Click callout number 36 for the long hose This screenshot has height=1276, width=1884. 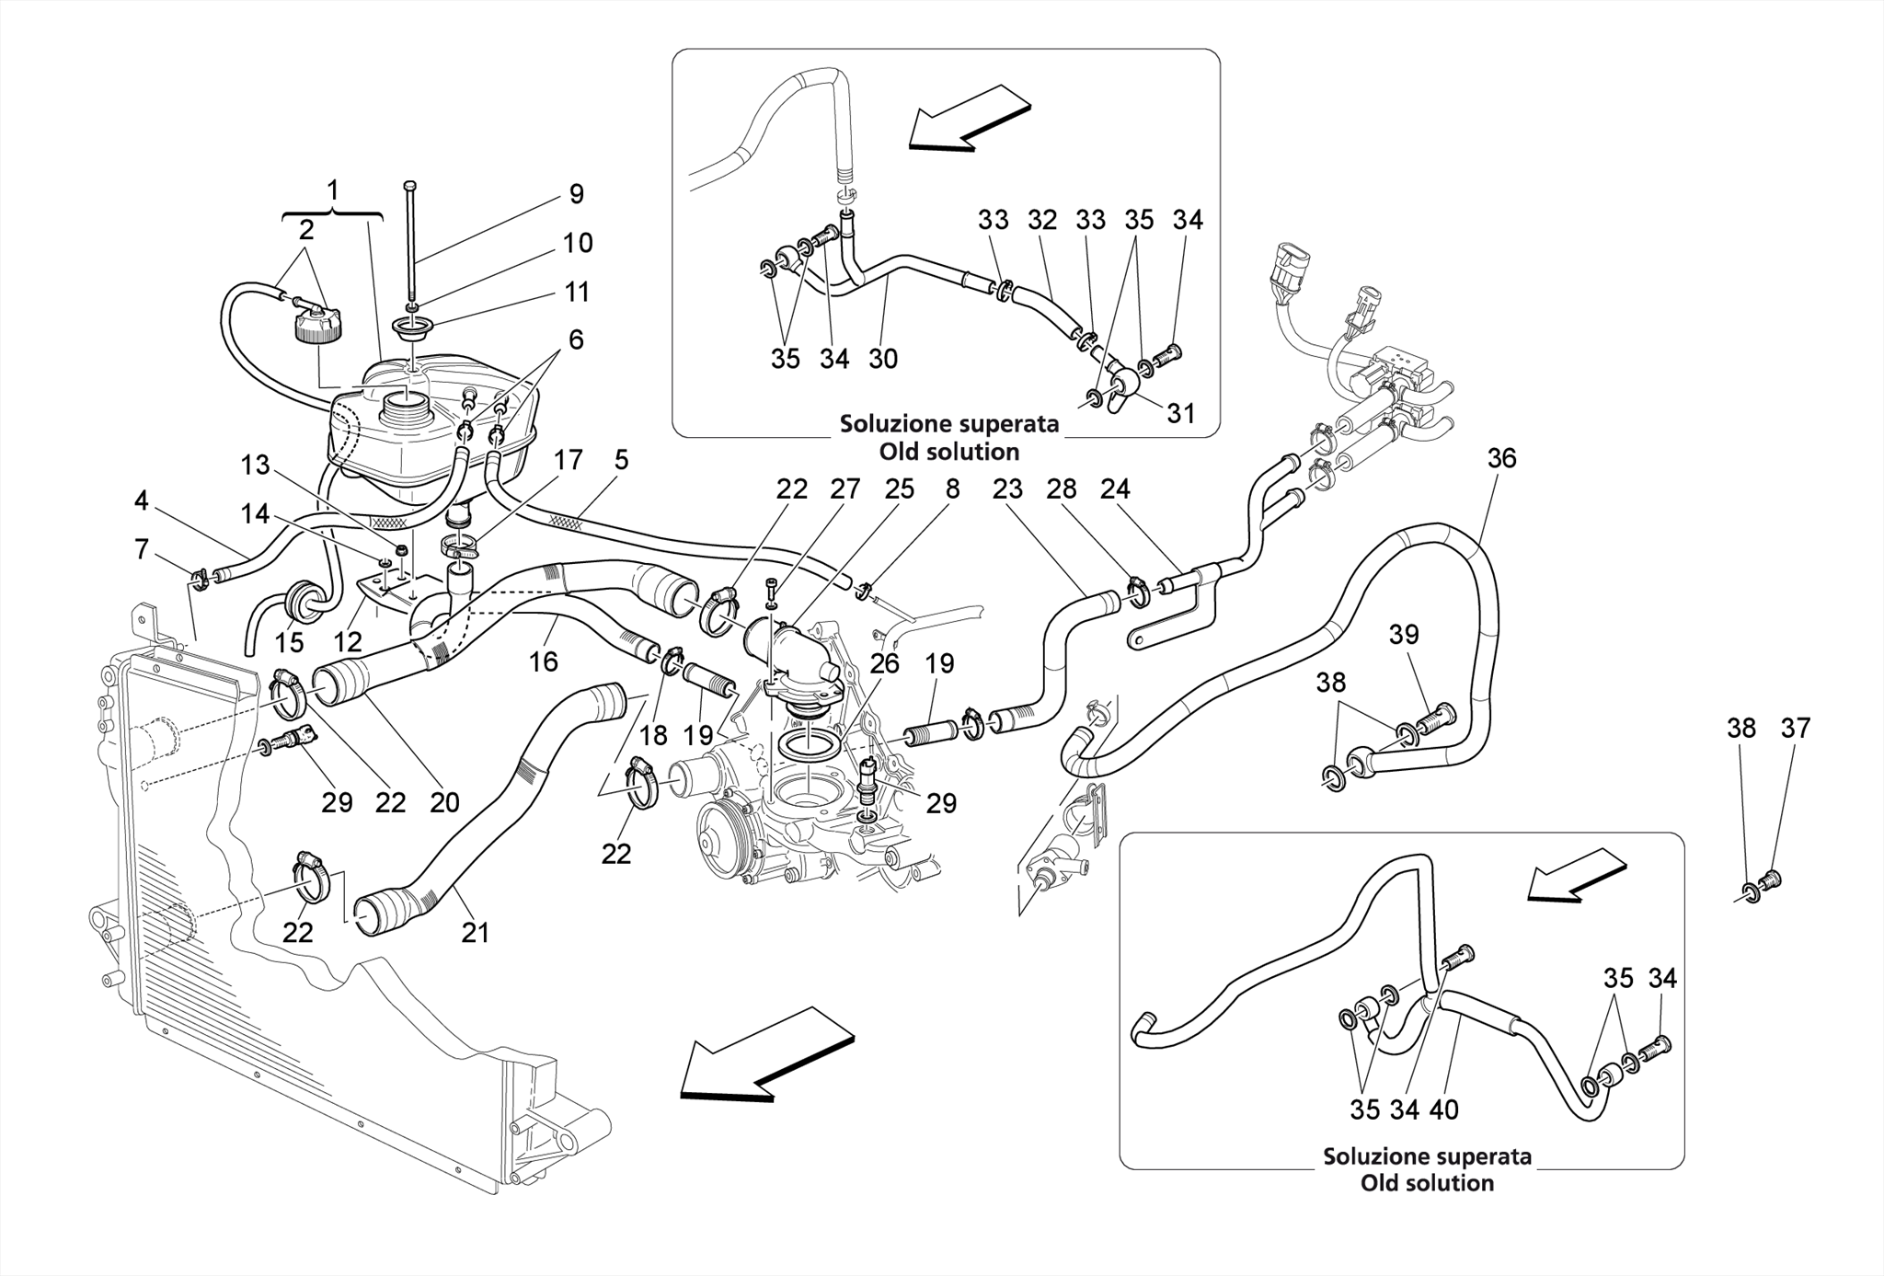click(1501, 458)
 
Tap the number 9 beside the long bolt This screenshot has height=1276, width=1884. click(576, 194)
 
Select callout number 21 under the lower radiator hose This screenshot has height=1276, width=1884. click(475, 933)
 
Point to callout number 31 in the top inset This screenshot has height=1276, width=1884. click(1180, 413)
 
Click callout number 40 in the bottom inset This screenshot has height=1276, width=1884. click(1443, 1110)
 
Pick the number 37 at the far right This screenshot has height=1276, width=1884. click(1795, 729)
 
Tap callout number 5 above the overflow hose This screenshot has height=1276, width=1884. click(622, 460)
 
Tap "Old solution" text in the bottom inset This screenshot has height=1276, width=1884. click(1427, 1183)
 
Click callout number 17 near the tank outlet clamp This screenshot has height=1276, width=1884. click(568, 460)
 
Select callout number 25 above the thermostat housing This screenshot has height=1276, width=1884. click(899, 489)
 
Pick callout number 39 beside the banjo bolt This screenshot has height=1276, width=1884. click(1404, 635)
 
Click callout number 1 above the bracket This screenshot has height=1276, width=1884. click(333, 190)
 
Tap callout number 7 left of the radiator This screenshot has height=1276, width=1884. click(141, 550)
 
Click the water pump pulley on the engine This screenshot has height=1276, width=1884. click(725, 828)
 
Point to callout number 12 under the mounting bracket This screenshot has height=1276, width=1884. click(348, 641)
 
